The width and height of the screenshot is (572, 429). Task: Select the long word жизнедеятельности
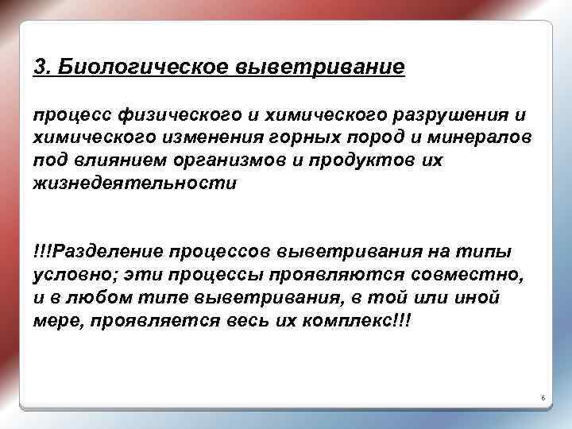(135, 183)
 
